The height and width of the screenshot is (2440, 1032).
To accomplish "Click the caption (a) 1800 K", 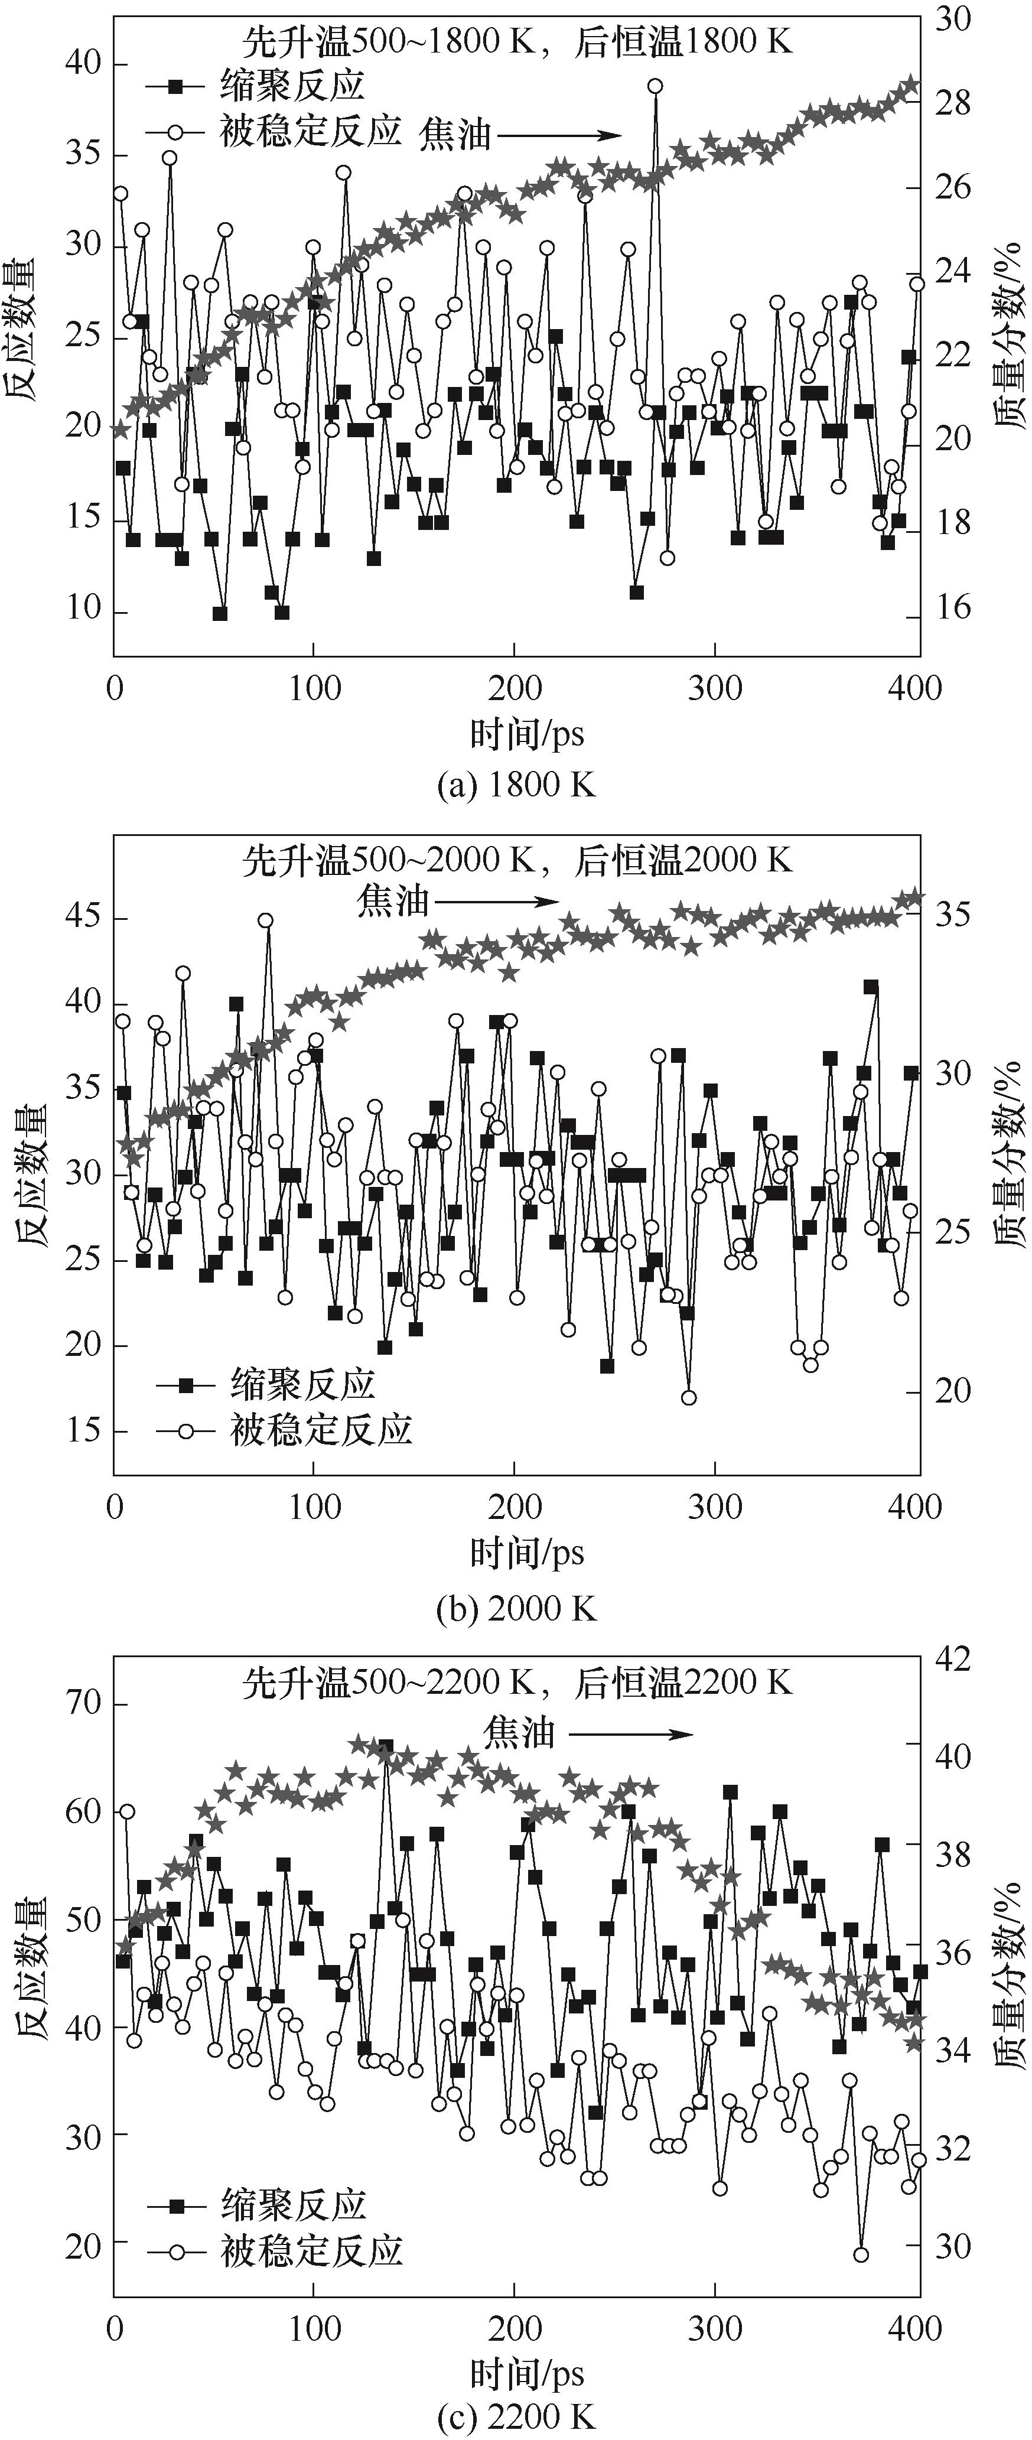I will pos(517,785).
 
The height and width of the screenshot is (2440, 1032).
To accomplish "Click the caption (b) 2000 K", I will pos(517,1608).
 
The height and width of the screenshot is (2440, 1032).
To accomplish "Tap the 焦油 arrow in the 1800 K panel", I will pos(559,135).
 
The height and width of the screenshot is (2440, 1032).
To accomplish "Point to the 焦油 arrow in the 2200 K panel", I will pos(630,1735).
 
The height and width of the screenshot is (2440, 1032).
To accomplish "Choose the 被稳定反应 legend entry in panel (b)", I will pos(284,1429).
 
